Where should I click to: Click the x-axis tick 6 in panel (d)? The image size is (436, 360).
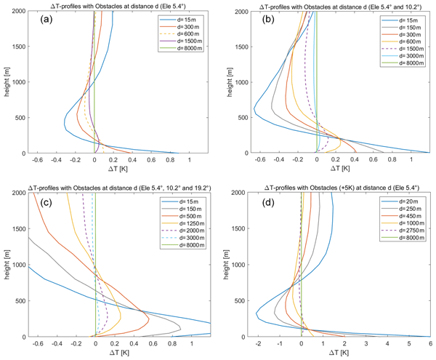pyautogui.click(x=429, y=343)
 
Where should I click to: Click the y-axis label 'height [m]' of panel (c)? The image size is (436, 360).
pyautogui.click(x=7, y=265)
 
